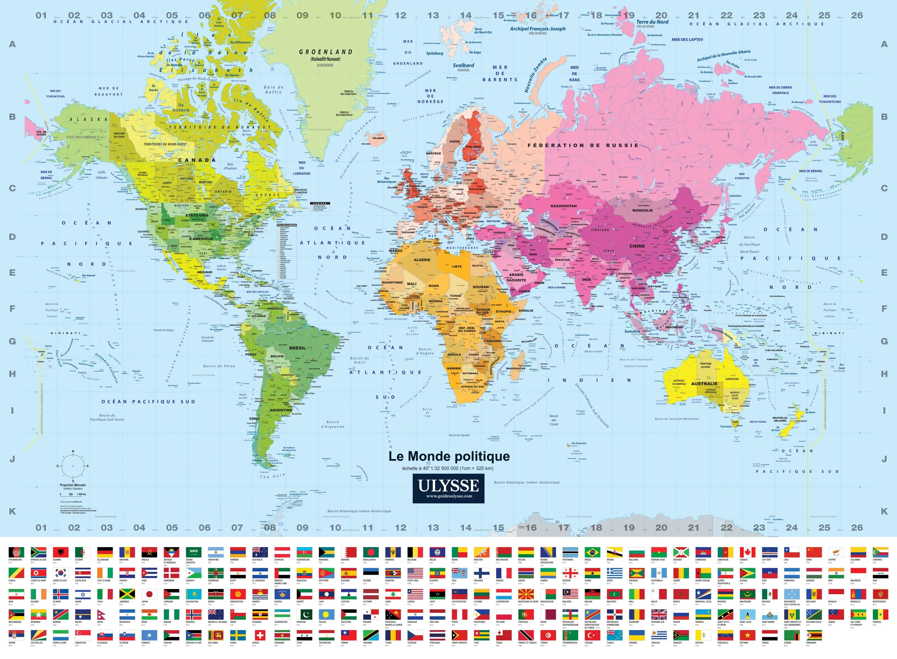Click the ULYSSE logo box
coord(448,488)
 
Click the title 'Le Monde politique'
coord(449,456)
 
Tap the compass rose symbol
coord(73,466)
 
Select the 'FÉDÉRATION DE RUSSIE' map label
coord(583,145)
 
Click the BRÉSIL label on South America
coord(297,348)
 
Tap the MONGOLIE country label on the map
coord(642,210)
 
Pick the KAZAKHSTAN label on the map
coord(564,206)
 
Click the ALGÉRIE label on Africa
coord(422,260)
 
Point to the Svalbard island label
coord(463,65)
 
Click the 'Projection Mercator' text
coord(73,485)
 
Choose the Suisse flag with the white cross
coord(260,635)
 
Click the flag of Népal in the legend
coord(104,614)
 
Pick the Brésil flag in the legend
coord(592,552)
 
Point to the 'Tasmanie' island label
coord(726,426)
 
